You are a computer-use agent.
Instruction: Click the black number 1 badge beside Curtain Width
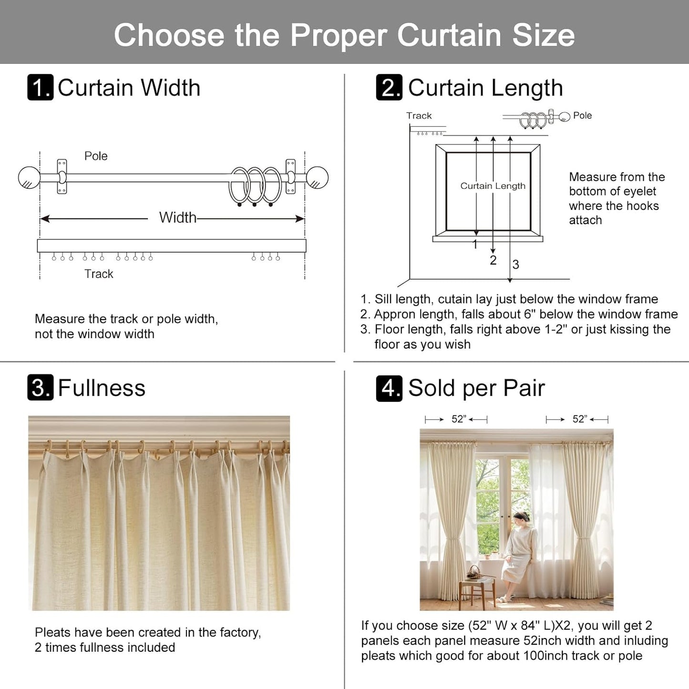tap(41, 87)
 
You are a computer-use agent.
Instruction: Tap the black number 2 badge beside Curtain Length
tap(389, 87)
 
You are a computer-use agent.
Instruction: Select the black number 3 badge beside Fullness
tap(41, 388)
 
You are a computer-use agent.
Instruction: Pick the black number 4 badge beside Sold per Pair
tap(389, 388)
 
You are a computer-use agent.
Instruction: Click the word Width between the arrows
tap(177, 217)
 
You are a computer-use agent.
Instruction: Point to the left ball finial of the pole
tap(29, 178)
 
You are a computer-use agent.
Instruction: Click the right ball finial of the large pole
tap(317, 178)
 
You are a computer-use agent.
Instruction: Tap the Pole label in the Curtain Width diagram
tap(96, 156)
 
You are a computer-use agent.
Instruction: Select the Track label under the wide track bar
tap(99, 274)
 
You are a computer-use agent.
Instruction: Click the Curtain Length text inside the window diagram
tap(493, 186)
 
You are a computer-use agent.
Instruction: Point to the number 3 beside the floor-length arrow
tap(515, 265)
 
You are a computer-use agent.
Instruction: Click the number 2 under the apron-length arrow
tap(493, 260)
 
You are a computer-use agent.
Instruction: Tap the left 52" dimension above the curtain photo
tap(458, 419)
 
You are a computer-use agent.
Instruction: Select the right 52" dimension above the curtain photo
tap(579, 419)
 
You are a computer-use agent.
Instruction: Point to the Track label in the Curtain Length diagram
tap(419, 115)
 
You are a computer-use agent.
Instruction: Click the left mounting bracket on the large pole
tap(62, 177)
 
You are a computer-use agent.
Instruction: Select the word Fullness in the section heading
tap(102, 388)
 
